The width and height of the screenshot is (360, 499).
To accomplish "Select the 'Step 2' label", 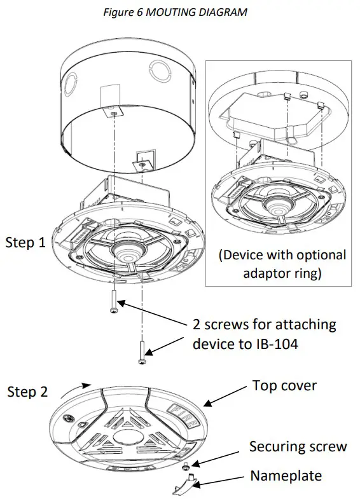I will point(27,392).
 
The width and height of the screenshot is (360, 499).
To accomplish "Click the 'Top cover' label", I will point(284,386).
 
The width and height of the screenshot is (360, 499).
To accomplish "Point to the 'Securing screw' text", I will point(298,446).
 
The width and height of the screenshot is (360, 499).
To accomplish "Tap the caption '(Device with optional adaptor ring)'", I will point(282,264).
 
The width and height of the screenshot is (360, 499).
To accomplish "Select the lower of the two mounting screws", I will point(141,352).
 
